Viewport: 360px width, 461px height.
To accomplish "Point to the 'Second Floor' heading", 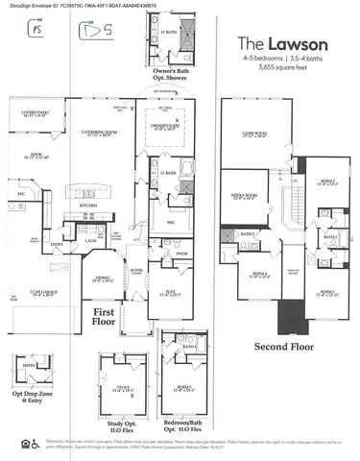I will tap(280, 345).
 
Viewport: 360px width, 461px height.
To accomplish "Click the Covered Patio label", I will tap(36, 113).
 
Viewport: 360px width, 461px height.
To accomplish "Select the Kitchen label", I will tap(88, 206).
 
